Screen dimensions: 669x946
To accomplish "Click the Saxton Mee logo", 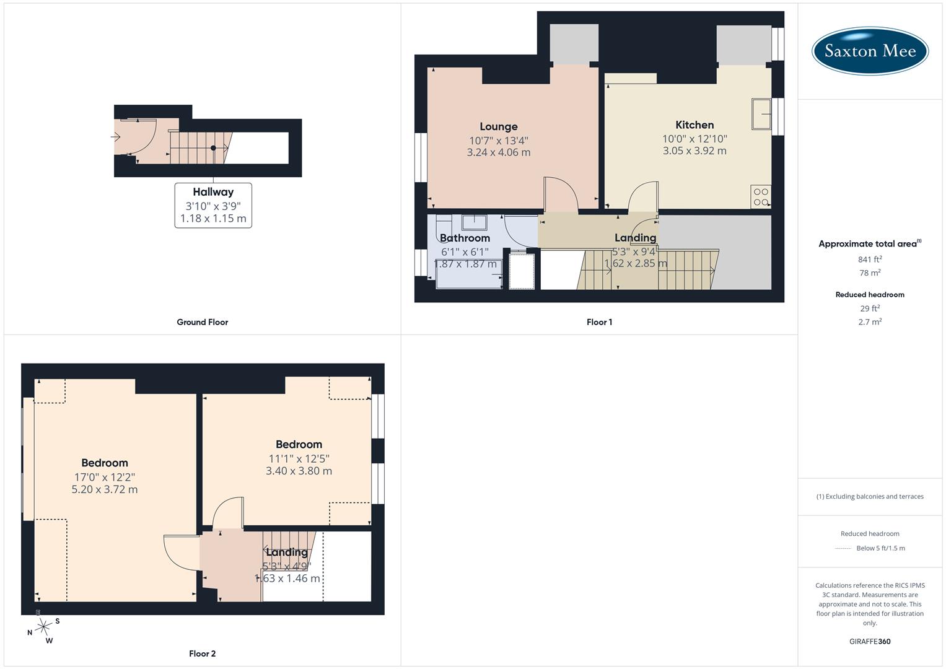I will click(870, 51).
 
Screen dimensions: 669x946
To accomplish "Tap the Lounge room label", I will click(498, 126).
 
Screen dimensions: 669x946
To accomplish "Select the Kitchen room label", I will click(694, 125).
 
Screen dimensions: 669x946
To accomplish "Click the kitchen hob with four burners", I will click(761, 197).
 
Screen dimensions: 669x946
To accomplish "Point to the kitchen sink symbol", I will click(761, 114).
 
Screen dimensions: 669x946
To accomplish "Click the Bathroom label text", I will click(465, 238).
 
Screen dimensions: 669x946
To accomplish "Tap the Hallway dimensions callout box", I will click(213, 206).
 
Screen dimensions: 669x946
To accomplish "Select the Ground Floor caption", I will click(203, 322).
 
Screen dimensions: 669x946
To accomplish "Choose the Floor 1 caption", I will click(599, 322).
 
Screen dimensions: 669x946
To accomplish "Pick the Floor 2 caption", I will click(203, 654).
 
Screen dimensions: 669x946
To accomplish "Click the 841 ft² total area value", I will click(870, 260).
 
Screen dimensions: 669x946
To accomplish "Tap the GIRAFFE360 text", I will click(870, 642).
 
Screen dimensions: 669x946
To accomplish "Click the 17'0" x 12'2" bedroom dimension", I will click(105, 477).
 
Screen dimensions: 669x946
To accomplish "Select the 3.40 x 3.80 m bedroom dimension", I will click(299, 471).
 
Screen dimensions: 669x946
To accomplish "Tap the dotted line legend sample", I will click(843, 548).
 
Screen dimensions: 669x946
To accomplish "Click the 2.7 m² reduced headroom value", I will click(870, 322).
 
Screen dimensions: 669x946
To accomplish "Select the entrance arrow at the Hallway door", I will click(116, 136).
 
